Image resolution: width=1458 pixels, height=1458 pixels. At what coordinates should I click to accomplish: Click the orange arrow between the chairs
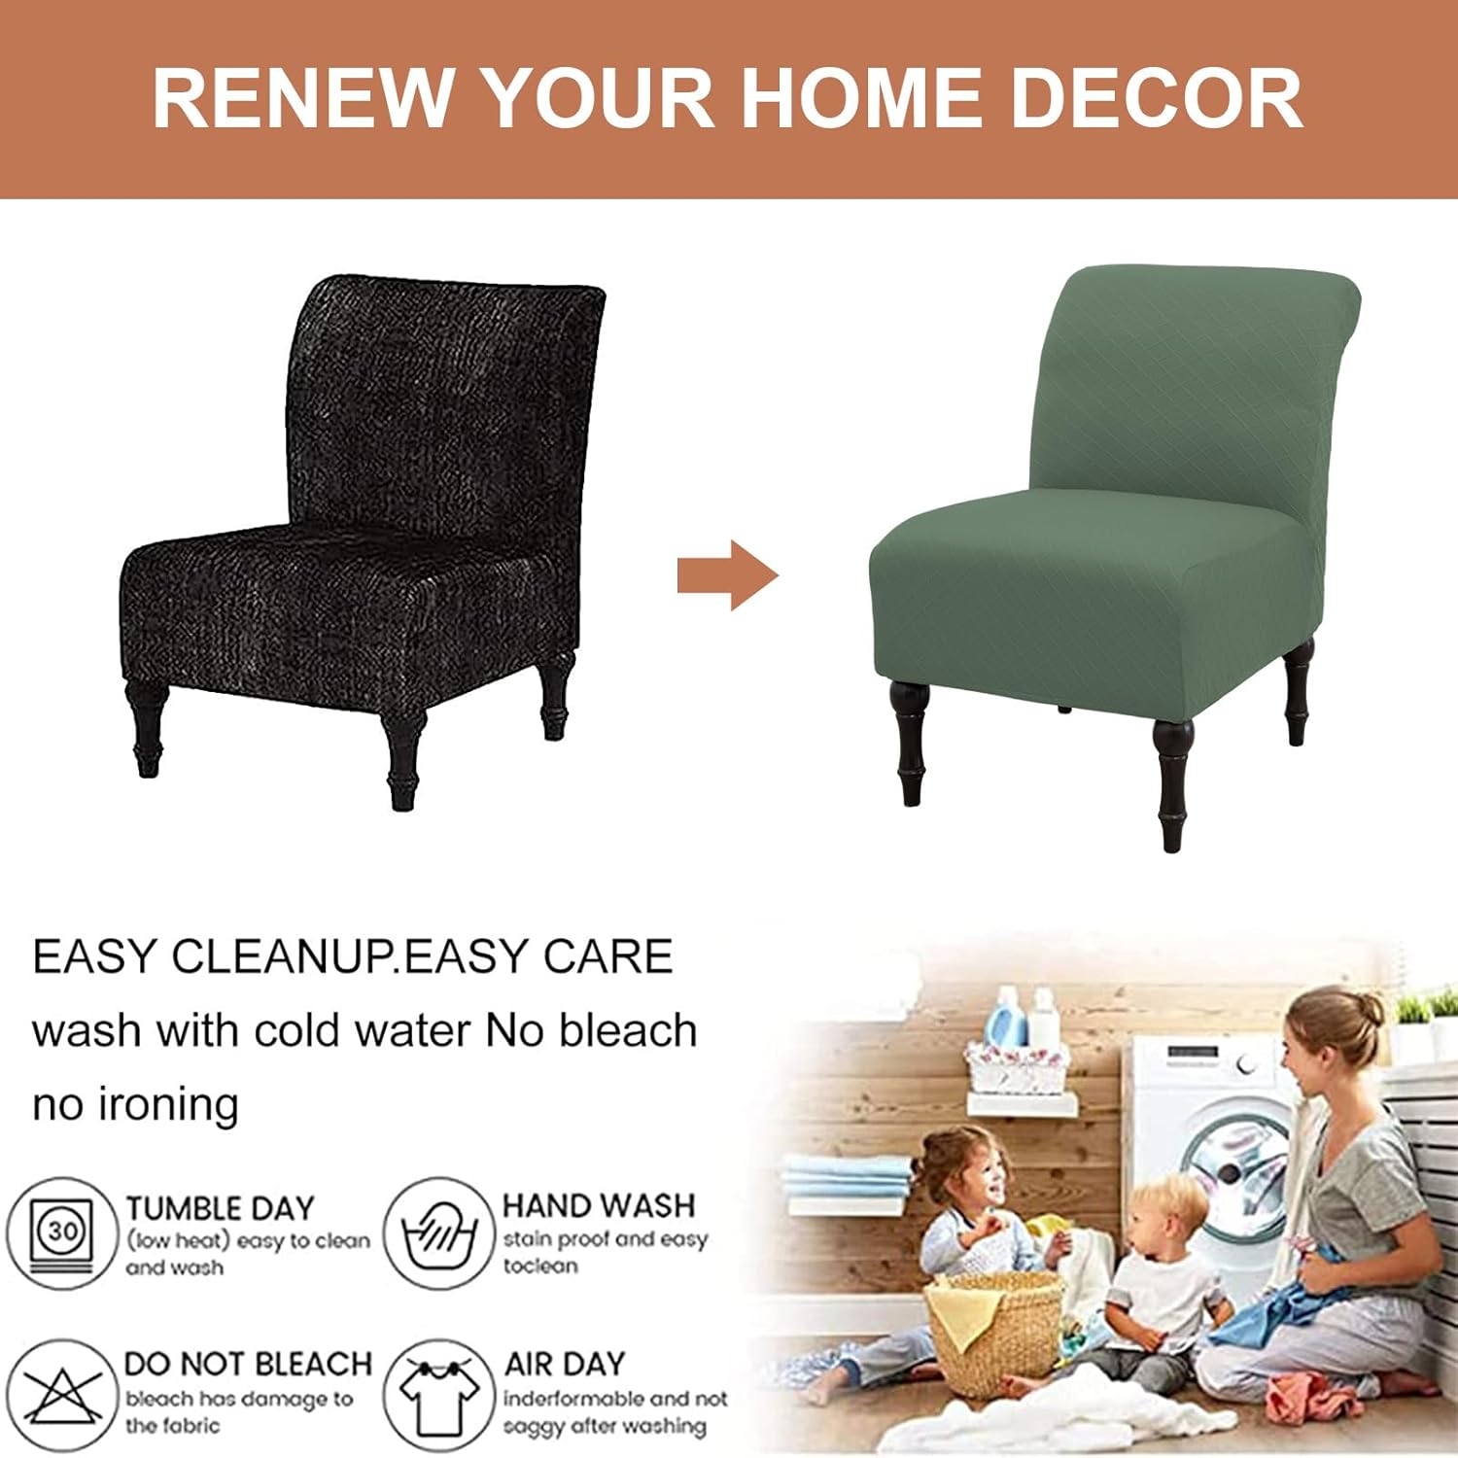point(727,575)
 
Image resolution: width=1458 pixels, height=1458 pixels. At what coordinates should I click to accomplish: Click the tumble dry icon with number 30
point(63,1232)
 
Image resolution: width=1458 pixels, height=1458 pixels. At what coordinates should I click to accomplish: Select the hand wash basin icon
point(439,1232)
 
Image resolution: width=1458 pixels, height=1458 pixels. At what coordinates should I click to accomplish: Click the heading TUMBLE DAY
point(221,1208)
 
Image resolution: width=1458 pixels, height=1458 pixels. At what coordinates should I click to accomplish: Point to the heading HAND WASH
point(599,1205)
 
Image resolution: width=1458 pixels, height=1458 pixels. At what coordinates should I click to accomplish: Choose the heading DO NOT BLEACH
point(248,1364)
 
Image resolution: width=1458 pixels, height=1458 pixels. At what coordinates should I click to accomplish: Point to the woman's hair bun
point(1366,1011)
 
